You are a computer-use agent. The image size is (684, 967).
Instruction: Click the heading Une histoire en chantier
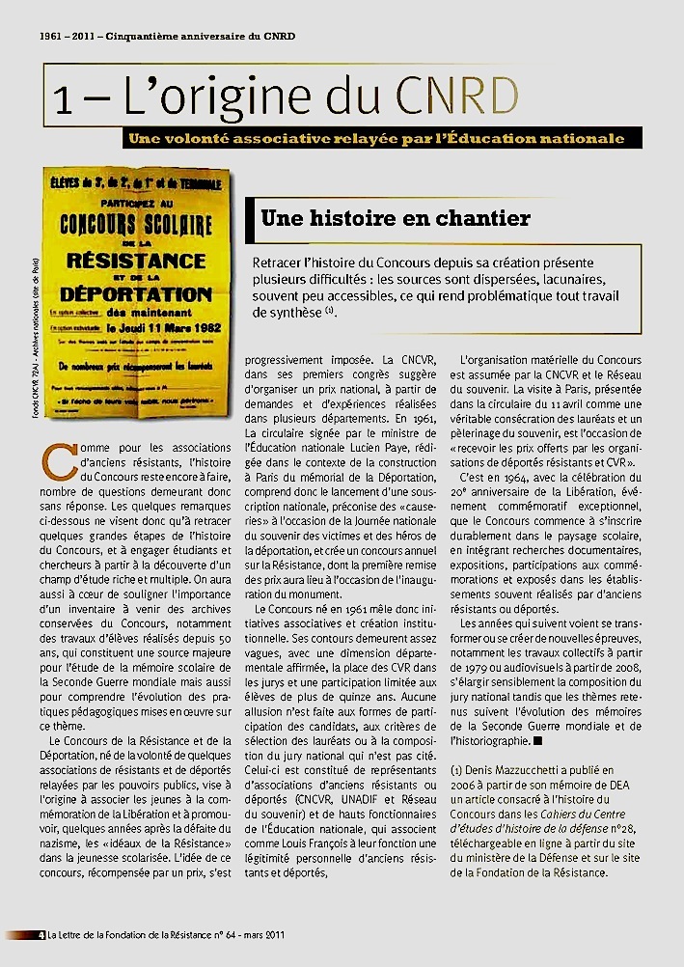coord(396,218)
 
